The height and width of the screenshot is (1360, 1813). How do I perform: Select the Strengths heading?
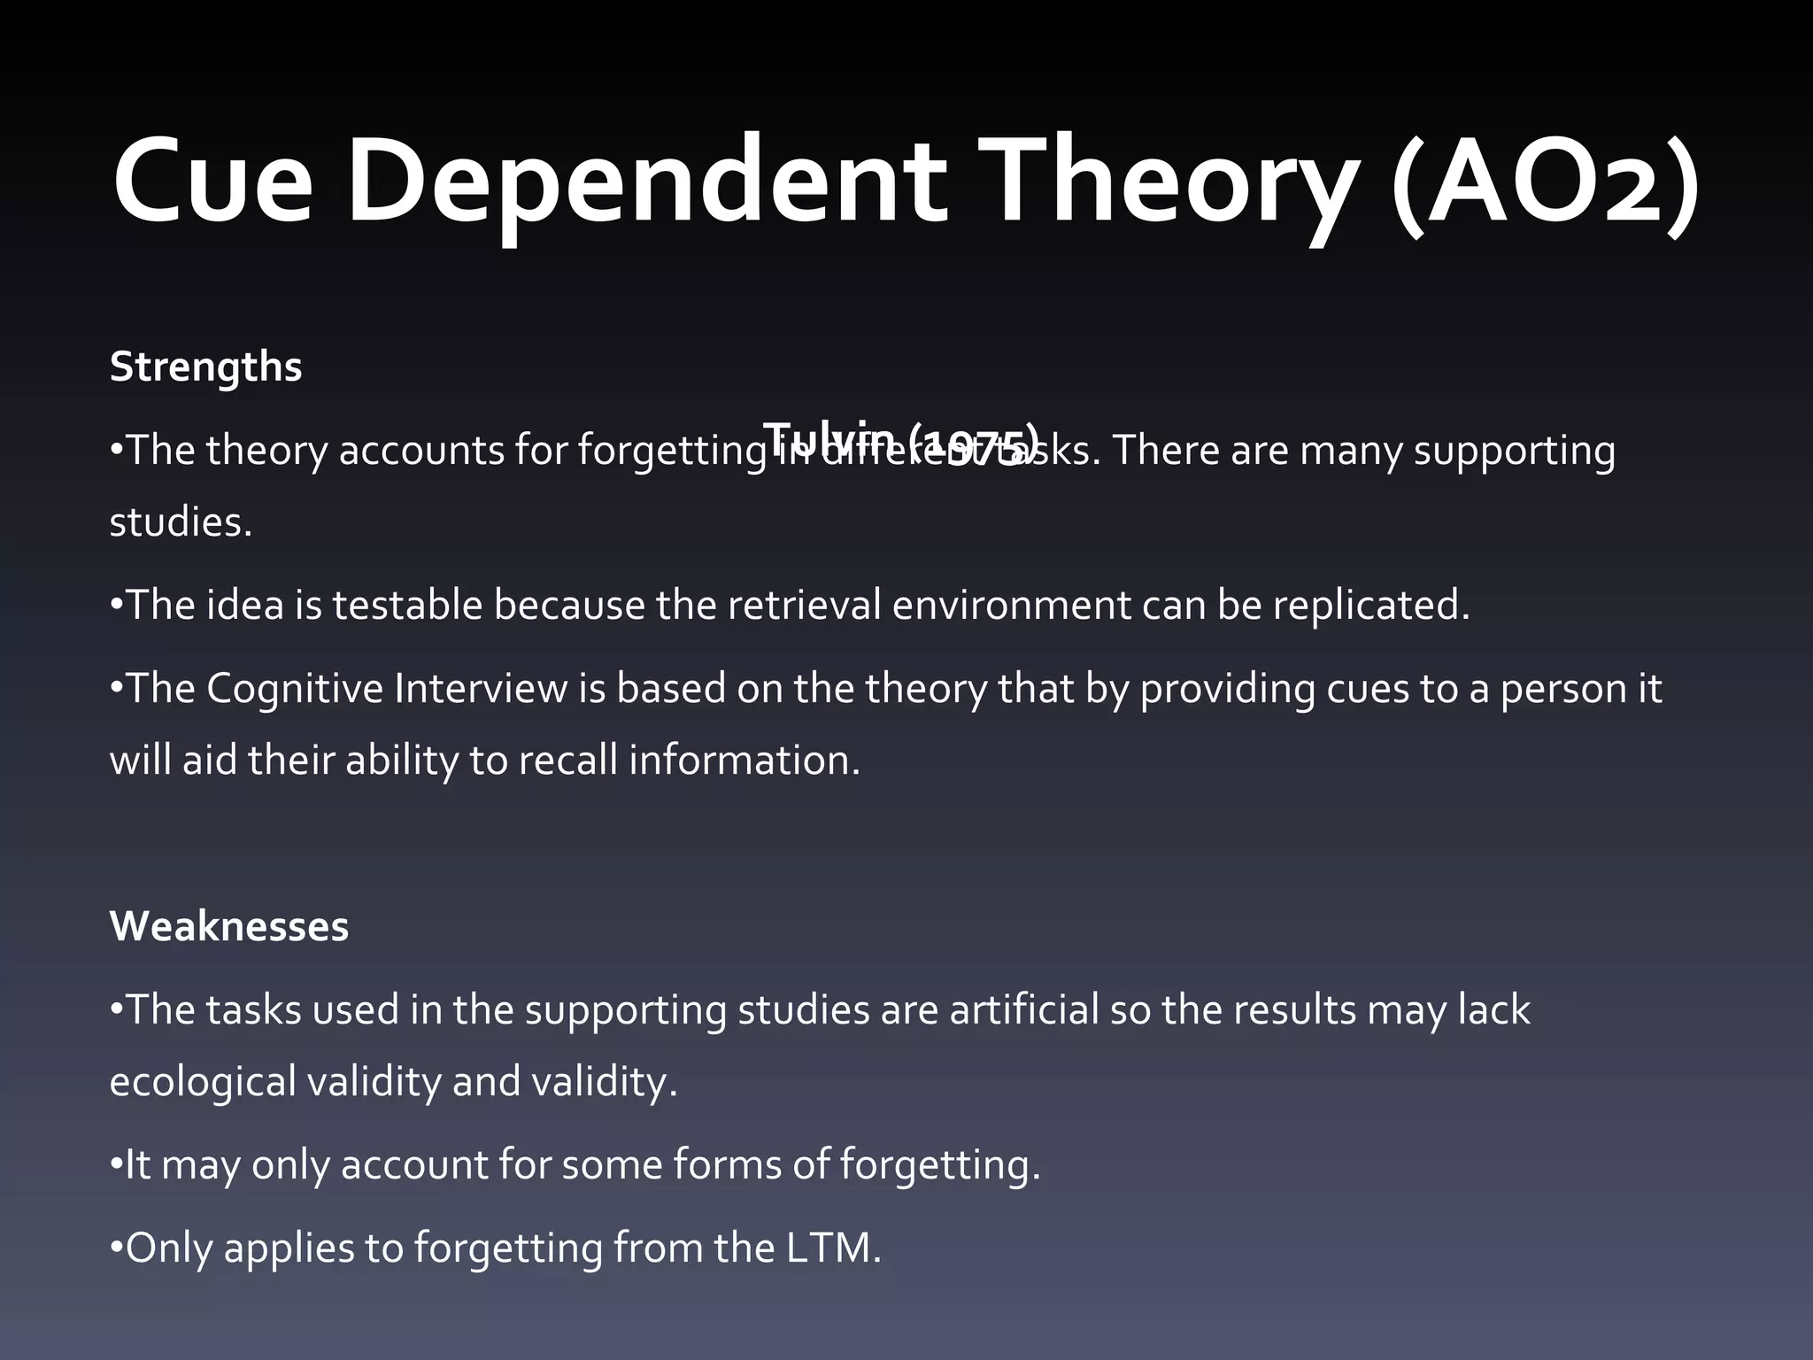coord(205,367)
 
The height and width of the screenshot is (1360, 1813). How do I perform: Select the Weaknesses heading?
coord(228,926)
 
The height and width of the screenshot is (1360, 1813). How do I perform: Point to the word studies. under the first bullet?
coord(181,522)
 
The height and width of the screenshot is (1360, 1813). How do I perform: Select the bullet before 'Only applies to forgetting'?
coord(115,1248)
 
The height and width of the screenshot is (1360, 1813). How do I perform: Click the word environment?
coord(1011,606)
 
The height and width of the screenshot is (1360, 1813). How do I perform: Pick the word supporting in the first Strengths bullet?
coord(1514,452)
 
